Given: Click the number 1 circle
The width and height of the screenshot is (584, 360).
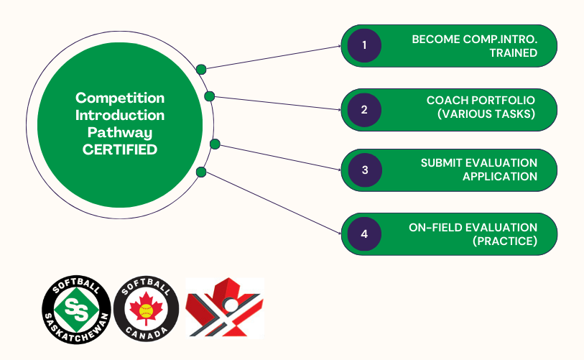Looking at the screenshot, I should click(x=364, y=45).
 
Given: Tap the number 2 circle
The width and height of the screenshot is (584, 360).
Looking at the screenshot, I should click(x=364, y=109).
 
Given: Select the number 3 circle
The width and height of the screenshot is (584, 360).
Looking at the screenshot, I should click(x=364, y=170).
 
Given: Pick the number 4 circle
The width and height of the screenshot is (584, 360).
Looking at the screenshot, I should click(x=364, y=234).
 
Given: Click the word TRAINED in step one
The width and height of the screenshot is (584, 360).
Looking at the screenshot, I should click(x=513, y=52).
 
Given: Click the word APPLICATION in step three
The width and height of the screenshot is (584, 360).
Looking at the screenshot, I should click(x=504, y=176).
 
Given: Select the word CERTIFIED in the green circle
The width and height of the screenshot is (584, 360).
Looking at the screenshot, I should click(x=121, y=149).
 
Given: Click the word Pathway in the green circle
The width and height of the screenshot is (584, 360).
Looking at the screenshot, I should click(x=121, y=132).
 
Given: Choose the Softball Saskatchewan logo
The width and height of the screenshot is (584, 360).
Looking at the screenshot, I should click(x=75, y=309).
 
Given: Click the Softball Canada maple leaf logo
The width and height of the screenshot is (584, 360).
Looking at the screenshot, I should click(x=147, y=309).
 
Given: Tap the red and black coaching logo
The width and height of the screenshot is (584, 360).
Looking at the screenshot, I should click(x=224, y=308).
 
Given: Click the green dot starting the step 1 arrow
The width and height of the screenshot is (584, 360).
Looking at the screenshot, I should click(x=201, y=70).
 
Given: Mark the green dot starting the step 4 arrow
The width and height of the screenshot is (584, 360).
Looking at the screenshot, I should click(x=201, y=172).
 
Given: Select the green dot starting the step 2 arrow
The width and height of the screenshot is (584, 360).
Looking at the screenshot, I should click(x=209, y=96).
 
